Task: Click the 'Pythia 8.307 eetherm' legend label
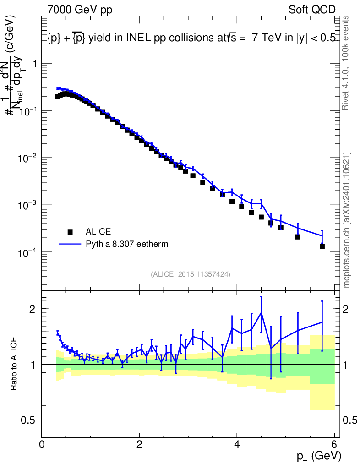tap(127, 244)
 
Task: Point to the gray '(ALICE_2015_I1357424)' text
tap(190, 274)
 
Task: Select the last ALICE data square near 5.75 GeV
tap(322, 246)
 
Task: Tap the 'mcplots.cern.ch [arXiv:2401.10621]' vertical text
tap(347, 220)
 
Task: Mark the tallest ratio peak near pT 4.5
tap(261, 313)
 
